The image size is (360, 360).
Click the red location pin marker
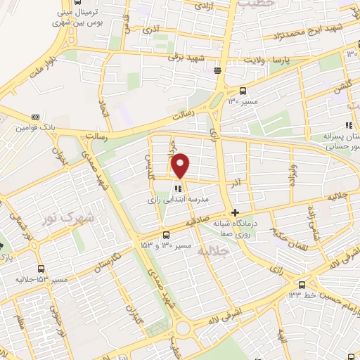coord(181,165)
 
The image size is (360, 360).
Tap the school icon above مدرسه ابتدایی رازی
coord(179,188)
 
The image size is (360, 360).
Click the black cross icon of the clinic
coord(235,212)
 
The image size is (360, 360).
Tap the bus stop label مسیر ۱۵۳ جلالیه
coord(42,279)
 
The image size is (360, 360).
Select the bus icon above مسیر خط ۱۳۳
coord(302,284)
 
